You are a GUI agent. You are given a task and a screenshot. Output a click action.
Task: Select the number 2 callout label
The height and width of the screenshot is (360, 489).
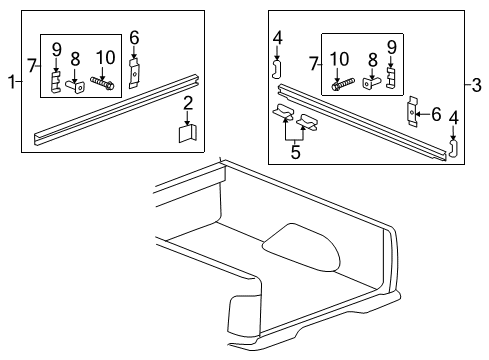tap(187, 103)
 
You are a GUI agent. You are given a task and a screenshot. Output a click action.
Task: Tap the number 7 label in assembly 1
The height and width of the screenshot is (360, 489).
tap(31, 65)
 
